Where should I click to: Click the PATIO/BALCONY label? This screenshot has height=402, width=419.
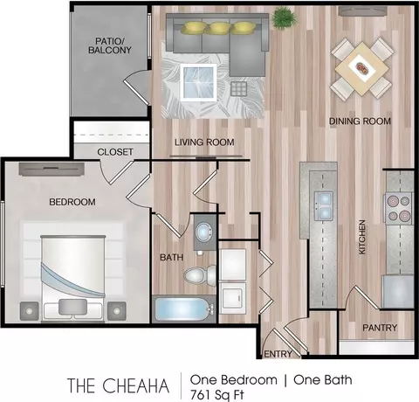click(110, 45)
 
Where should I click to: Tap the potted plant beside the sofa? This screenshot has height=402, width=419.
click(284, 17)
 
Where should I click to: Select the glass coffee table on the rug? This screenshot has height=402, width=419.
click(198, 82)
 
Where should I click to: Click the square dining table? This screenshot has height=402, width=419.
click(361, 68)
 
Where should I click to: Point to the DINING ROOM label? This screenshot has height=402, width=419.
click(360, 121)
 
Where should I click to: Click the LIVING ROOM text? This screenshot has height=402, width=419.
click(204, 142)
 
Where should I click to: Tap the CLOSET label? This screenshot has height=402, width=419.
click(115, 152)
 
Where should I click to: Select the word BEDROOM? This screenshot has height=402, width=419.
click(72, 202)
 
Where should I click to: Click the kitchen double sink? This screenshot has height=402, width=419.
click(323, 206)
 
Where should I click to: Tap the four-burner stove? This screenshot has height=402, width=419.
click(399, 208)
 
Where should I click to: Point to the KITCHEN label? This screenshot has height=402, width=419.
click(362, 237)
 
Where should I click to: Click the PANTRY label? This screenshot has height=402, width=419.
click(380, 328)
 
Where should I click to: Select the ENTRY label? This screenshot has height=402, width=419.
click(278, 354)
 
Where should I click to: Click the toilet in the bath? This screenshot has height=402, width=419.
click(200, 274)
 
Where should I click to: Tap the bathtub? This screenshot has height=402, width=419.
click(183, 308)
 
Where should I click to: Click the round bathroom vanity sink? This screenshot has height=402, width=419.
click(204, 231)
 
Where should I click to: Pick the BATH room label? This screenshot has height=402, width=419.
click(172, 257)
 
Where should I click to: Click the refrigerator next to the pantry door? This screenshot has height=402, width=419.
click(398, 291)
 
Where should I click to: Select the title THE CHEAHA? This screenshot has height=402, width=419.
click(118, 385)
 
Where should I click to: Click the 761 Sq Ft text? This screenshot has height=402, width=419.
click(216, 395)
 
